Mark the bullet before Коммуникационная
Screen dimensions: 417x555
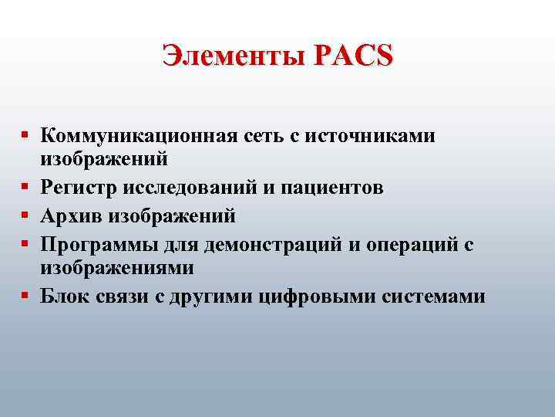coord(25,136)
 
